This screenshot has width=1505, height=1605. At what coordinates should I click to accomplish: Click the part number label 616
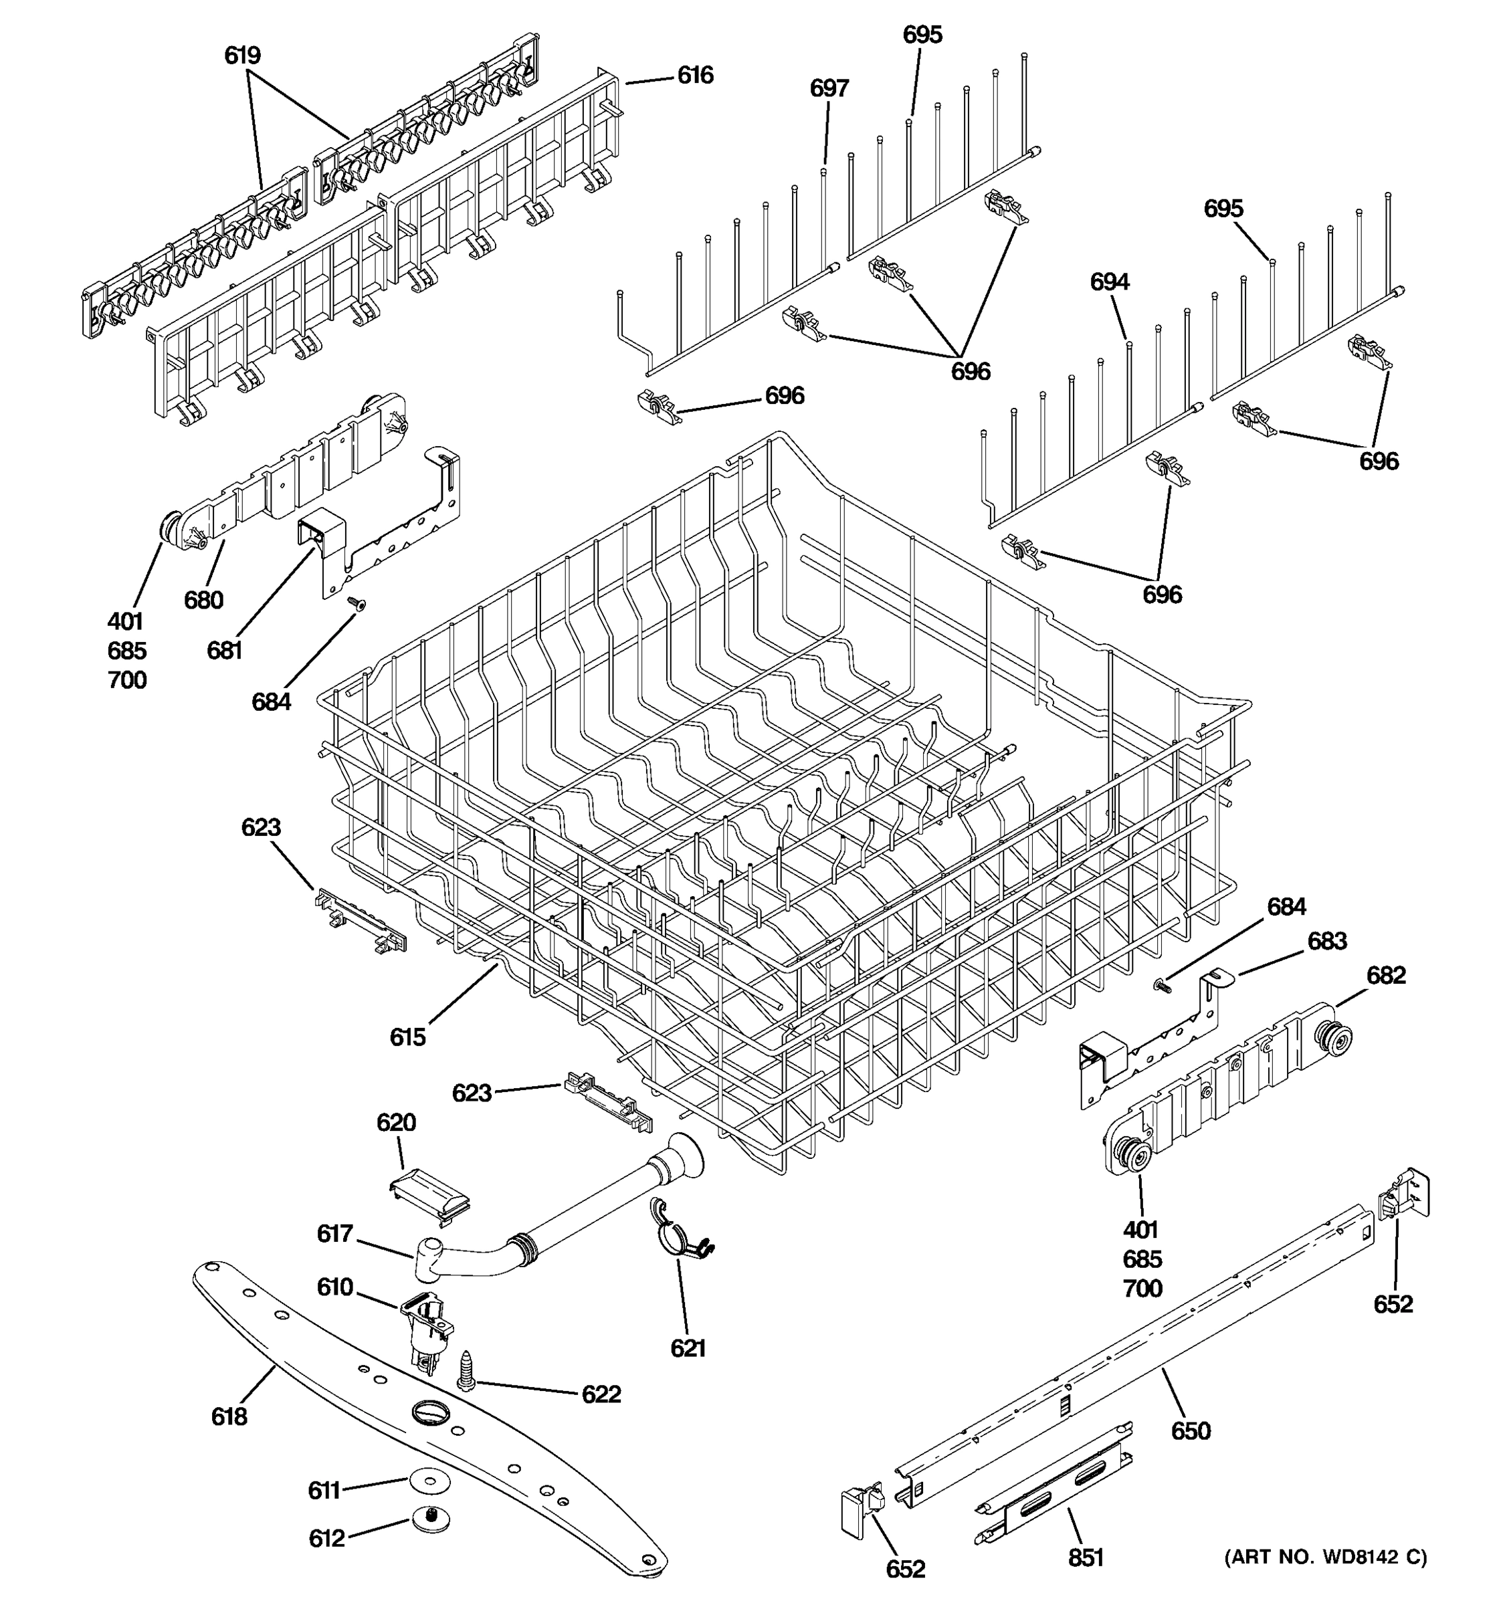(x=694, y=75)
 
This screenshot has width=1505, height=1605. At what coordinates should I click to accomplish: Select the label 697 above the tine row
(x=829, y=88)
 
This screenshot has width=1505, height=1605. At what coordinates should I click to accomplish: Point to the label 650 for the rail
(x=1190, y=1431)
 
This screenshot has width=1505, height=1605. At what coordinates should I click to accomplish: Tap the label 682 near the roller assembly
(x=1385, y=975)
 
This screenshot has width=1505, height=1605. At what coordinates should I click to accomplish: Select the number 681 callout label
(x=225, y=651)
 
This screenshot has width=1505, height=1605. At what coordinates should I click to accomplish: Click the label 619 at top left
(x=242, y=56)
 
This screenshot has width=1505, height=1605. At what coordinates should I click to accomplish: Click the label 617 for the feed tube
(x=334, y=1234)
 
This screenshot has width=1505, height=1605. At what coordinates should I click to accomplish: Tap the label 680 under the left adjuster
(x=203, y=600)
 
